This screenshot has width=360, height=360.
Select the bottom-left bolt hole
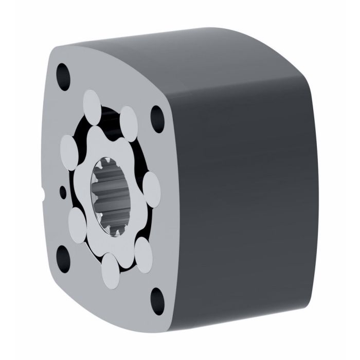pyautogui.click(x=64, y=253)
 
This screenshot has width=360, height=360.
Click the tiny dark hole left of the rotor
pyautogui.click(x=63, y=191)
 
